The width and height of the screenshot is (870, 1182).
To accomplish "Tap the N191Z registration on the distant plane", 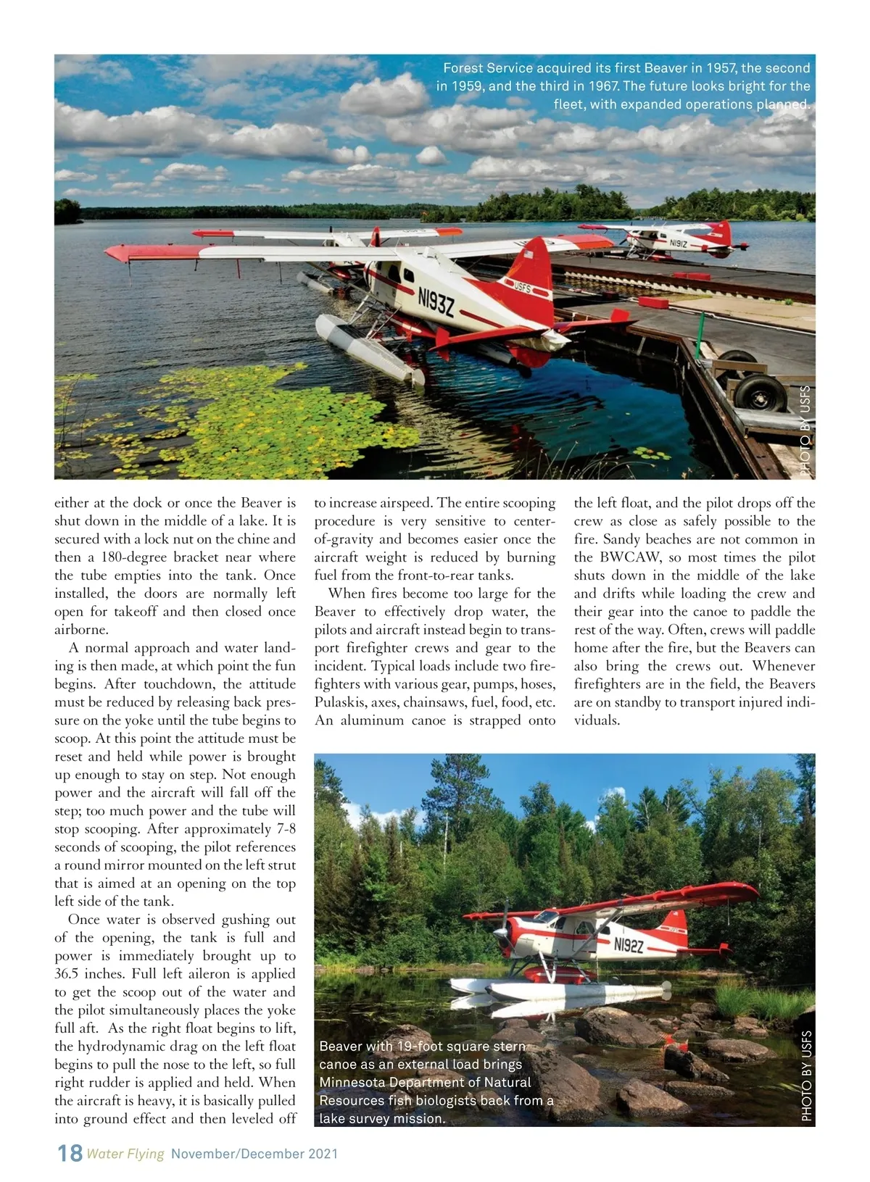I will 679,244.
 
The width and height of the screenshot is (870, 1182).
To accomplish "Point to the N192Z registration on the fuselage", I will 629,944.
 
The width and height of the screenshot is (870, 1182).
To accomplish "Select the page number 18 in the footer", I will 70,1153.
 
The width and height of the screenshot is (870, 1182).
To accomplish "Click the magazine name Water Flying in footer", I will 125,1154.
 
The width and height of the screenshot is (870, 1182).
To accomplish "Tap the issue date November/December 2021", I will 254,1154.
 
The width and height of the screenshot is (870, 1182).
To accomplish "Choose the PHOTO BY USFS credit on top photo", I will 805,430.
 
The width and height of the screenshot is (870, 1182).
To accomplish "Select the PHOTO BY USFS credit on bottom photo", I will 806,1076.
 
